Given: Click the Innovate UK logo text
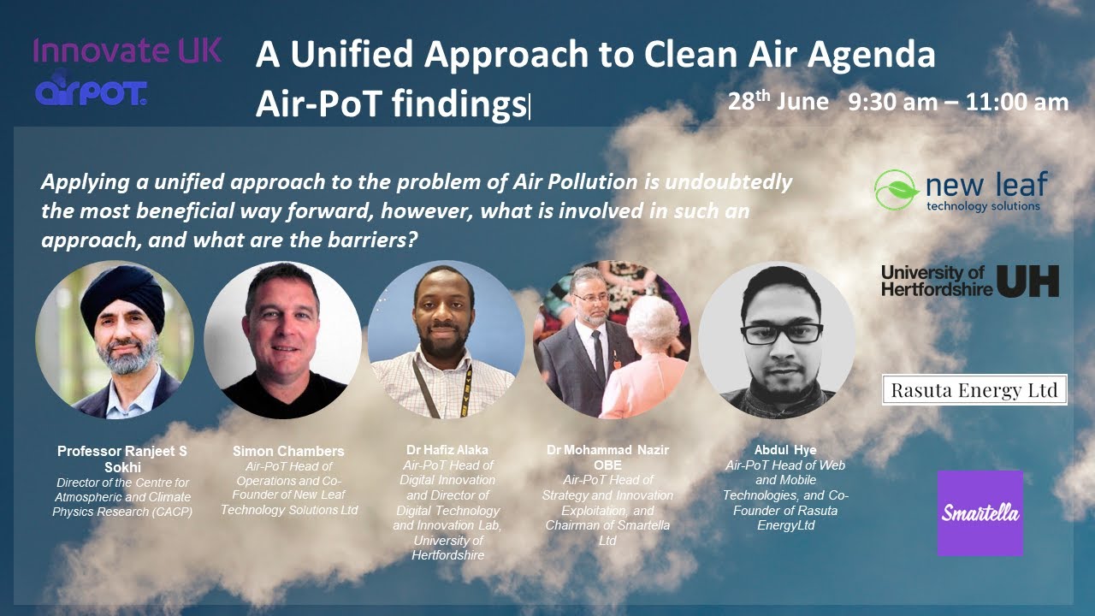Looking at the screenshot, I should pos(127,51).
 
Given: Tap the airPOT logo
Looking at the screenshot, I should pos(92,92).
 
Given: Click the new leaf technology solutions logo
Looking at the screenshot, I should pos(961,190).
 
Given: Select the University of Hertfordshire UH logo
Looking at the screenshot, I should pos(970,281).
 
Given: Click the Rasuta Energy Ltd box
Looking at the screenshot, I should pos(974,390).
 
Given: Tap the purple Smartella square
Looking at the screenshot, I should pos(980,513).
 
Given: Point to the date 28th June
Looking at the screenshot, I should pos(778,102).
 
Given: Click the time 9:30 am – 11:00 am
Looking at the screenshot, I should pos(958,103).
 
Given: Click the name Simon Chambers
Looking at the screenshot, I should pos(288,451).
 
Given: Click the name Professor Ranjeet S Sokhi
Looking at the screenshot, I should pos(121,458).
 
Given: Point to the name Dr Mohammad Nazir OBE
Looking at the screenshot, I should pos(607,457).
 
